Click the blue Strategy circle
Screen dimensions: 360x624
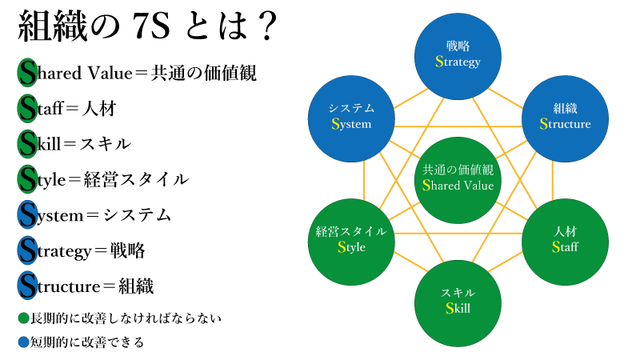(458, 54)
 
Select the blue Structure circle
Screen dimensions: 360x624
(565, 116)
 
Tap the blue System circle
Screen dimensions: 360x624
(351, 116)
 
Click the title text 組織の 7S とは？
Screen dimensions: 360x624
(148, 28)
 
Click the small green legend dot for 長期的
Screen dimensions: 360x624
(22, 318)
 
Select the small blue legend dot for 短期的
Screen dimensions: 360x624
(22, 342)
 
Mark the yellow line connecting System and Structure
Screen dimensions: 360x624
(458, 126)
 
